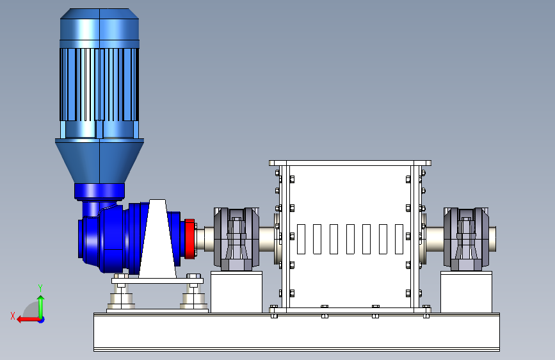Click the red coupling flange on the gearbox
tap(189, 238)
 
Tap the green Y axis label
tap(40, 288)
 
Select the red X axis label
tap(13, 316)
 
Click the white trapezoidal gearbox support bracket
tap(157, 239)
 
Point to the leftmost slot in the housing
tap(302, 239)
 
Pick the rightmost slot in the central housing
tap(399, 239)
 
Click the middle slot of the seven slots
tap(350, 239)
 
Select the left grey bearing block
tap(236, 239)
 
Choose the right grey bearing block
tap(466, 239)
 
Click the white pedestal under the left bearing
tap(236, 292)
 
